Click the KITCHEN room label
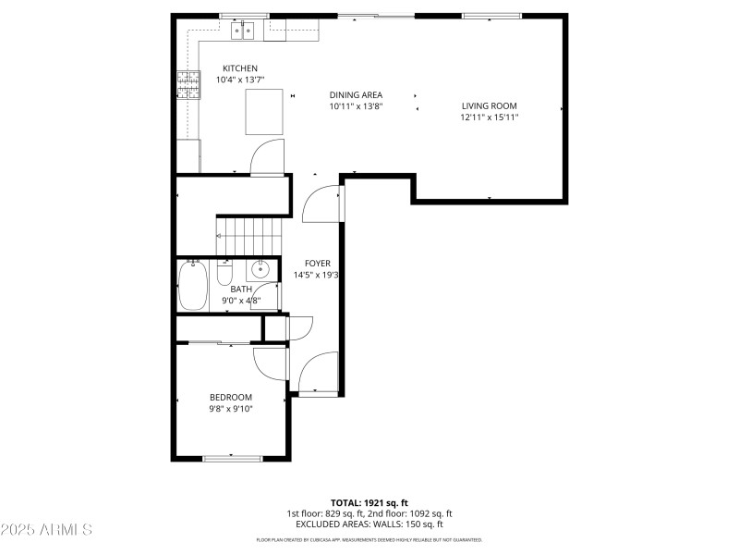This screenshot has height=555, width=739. (x=240, y=68)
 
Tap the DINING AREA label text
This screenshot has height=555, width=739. (x=357, y=94)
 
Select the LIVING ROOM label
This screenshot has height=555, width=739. (x=490, y=105)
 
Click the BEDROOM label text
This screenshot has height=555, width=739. (x=230, y=397)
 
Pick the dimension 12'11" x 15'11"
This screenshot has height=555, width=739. (x=490, y=117)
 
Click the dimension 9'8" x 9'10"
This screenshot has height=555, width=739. (x=230, y=408)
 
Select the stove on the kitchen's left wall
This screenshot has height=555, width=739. (x=188, y=85)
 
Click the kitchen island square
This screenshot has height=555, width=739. (x=264, y=111)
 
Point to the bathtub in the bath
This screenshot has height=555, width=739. (x=193, y=286)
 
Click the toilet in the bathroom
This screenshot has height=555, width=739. (x=224, y=275)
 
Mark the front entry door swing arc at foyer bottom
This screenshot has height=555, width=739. (x=317, y=374)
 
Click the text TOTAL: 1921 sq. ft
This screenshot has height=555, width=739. (x=369, y=503)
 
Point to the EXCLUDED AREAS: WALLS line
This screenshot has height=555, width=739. (x=369, y=524)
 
